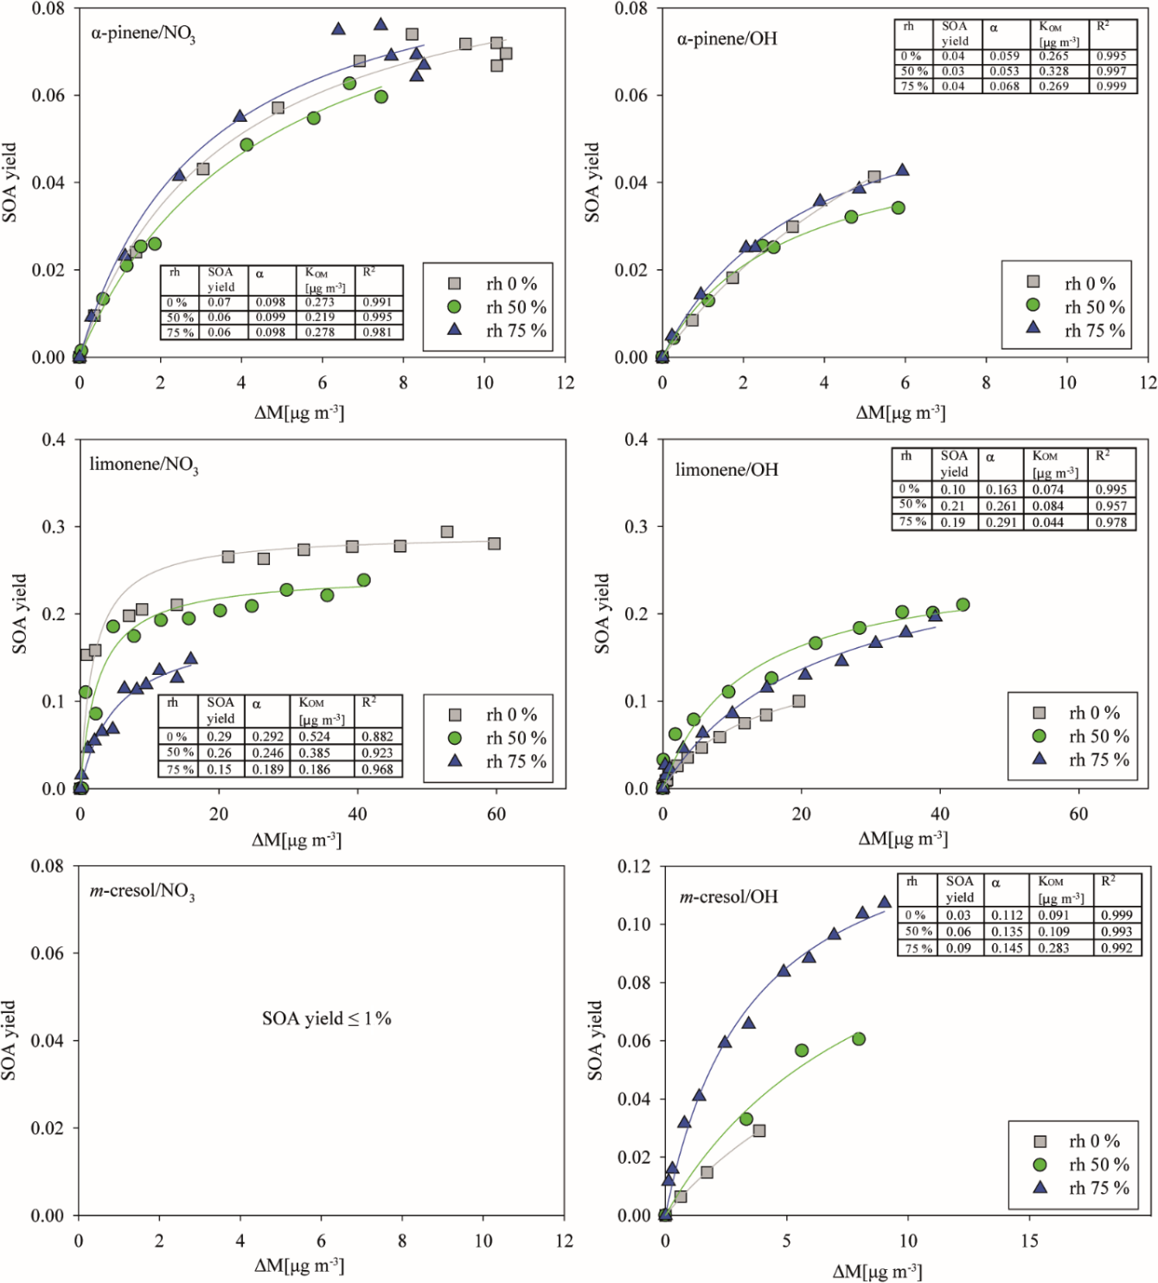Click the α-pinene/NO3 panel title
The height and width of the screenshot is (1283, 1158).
[x=143, y=35]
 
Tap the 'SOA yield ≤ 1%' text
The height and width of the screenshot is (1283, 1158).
[x=327, y=1018]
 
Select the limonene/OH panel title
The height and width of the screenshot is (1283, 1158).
[x=726, y=470]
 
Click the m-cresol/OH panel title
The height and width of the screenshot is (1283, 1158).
[x=728, y=897]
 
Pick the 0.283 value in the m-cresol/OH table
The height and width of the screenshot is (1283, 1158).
[x=1053, y=948]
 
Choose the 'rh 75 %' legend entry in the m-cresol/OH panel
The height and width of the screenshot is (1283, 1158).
[x=1084, y=1188]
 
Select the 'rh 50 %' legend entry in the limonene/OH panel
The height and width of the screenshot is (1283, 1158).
[x=1084, y=736]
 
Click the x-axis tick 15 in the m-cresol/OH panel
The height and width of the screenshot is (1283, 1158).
[x=1029, y=1241]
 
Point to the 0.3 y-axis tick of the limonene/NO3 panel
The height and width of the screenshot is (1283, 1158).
[x=54, y=527]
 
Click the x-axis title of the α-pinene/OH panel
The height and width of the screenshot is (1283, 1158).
[x=900, y=413]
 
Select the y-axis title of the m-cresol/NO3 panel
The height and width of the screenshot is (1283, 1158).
[x=9, y=1040]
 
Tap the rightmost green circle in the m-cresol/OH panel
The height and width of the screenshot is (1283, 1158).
[x=859, y=1039]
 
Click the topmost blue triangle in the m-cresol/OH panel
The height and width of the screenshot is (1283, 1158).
[x=884, y=902]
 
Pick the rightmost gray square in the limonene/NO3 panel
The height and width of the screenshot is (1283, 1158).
[x=495, y=543]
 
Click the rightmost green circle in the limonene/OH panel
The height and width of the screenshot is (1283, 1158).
[x=963, y=605]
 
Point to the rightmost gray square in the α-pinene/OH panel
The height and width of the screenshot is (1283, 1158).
[x=874, y=176]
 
